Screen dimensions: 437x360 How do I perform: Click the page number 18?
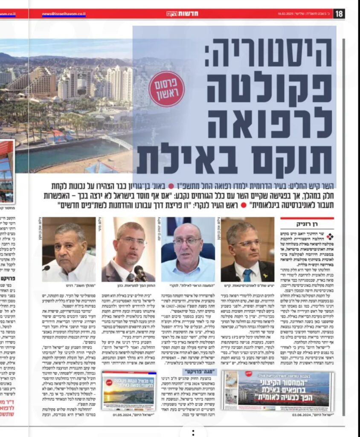point(340,14)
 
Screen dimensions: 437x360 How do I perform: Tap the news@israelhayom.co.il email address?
point(64,14)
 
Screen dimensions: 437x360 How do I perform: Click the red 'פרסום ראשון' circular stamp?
point(166,88)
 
